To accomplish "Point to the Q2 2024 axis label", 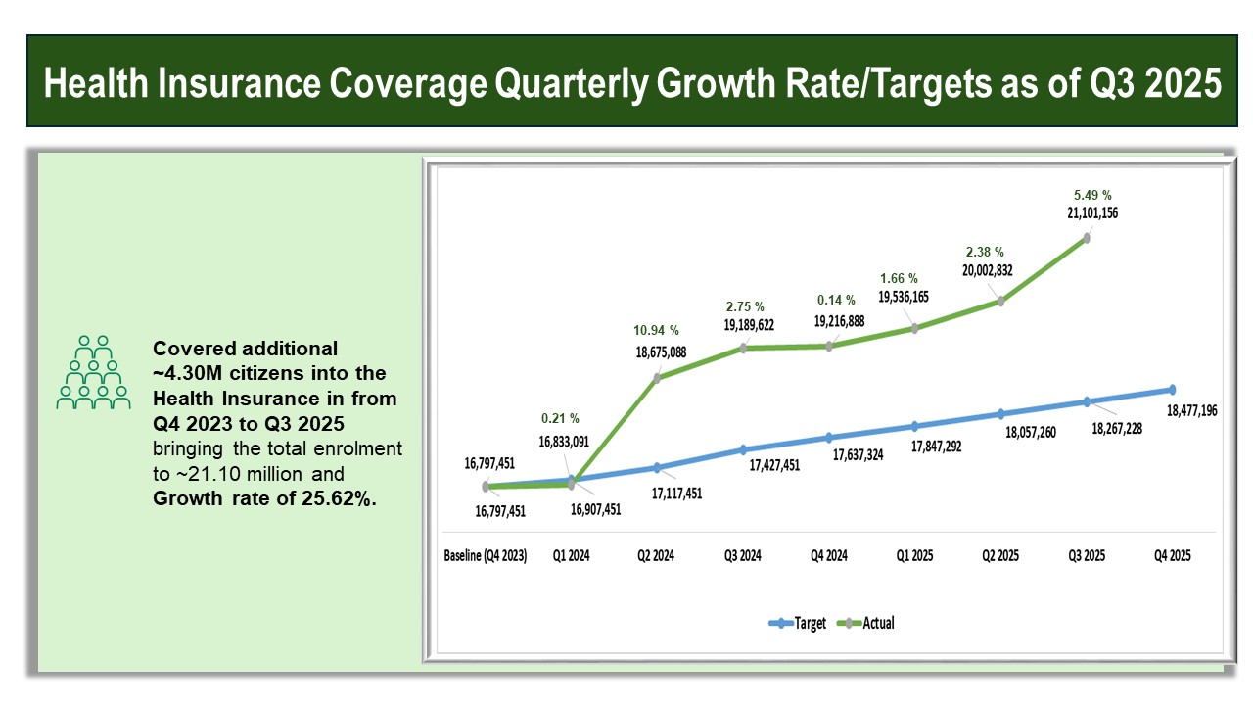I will tap(657, 555).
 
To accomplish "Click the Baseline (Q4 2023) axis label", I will tap(486, 555).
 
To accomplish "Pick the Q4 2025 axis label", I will tap(1172, 555).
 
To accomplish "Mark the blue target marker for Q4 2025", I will tap(1172, 390).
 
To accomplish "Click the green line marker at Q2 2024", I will tap(657, 377).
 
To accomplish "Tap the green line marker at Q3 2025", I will tap(1086, 238).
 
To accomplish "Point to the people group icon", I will tap(93, 373).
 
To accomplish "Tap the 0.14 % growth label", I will tap(835, 300).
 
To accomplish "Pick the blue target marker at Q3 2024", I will tap(743, 450).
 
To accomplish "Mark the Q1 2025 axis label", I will tap(914, 555).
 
